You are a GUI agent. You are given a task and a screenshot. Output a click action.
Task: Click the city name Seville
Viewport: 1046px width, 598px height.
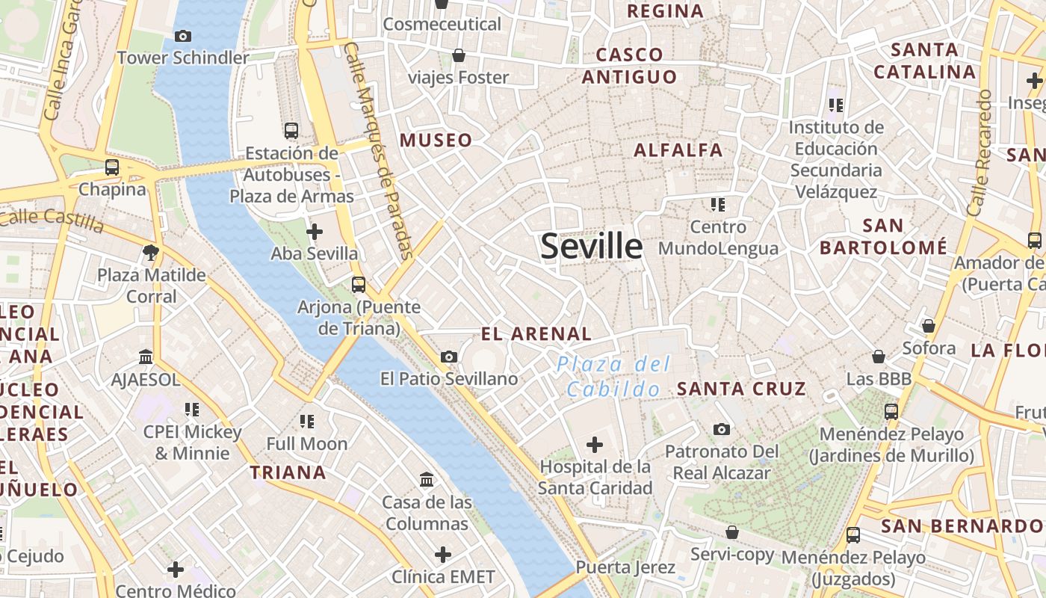click(591, 246)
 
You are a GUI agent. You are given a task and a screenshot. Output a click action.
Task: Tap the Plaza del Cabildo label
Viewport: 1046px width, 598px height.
click(613, 377)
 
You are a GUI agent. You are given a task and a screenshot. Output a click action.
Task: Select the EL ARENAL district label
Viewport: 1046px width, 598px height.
click(536, 333)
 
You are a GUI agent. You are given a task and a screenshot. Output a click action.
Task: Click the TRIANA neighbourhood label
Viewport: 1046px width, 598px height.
click(288, 472)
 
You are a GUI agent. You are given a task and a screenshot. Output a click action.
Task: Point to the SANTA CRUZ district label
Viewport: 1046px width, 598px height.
click(741, 389)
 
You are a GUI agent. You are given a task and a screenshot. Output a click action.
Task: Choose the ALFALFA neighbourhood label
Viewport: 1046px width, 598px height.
click(678, 150)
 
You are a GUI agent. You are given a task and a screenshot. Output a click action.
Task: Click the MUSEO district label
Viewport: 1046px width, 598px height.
click(436, 140)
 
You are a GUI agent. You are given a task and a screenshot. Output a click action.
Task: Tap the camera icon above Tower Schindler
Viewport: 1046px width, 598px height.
click(182, 36)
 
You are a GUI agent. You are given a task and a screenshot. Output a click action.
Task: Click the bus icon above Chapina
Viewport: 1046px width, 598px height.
click(112, 167)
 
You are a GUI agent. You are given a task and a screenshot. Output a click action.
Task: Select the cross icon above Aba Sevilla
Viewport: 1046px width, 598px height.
click(315, 232)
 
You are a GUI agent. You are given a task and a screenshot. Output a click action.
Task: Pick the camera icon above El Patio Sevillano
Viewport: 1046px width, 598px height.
click(449, 357)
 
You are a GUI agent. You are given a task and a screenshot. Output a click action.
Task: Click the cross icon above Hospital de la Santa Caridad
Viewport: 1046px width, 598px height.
click(595, 446)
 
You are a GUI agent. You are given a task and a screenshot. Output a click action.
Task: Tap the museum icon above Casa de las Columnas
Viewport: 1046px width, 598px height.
click(427, 479)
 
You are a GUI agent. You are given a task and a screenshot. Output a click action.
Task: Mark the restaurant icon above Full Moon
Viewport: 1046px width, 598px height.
click(306, 422)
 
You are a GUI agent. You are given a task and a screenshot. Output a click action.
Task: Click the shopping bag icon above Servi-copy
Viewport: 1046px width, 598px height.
click(732, 532)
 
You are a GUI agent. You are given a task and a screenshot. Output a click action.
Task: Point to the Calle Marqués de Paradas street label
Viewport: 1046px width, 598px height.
click(379, 150)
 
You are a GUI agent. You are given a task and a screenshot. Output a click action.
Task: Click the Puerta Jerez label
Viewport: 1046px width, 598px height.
click(625, 567)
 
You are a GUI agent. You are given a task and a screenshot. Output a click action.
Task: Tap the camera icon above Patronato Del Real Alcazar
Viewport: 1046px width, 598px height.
click(721, 429)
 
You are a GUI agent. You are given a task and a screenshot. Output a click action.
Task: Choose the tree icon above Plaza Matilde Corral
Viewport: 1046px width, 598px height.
click(151, 253)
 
